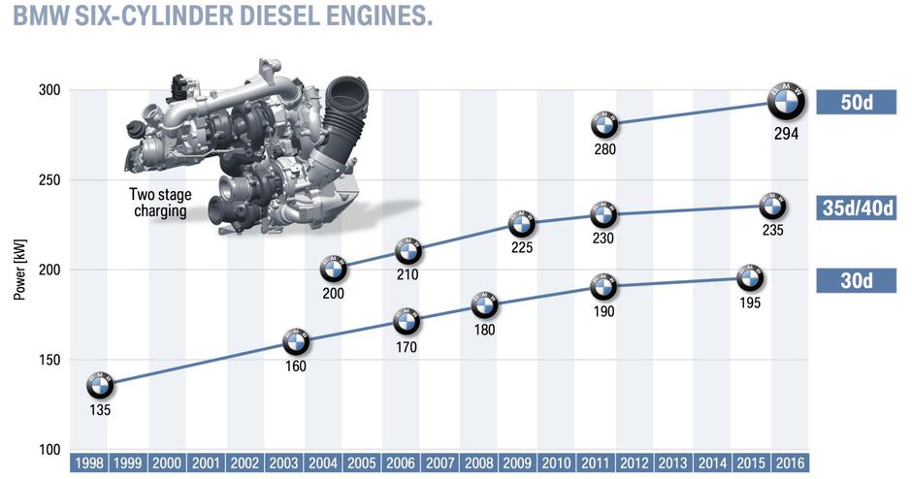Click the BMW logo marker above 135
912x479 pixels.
[100, 385]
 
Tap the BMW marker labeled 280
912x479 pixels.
[603, 124]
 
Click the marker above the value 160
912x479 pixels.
[296, 342]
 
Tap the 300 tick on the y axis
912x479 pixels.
[49, 90]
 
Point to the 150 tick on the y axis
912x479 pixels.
[49, 360]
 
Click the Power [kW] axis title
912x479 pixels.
[19, 271]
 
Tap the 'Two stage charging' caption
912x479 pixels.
[161, 201]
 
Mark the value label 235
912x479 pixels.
[772, 230]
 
